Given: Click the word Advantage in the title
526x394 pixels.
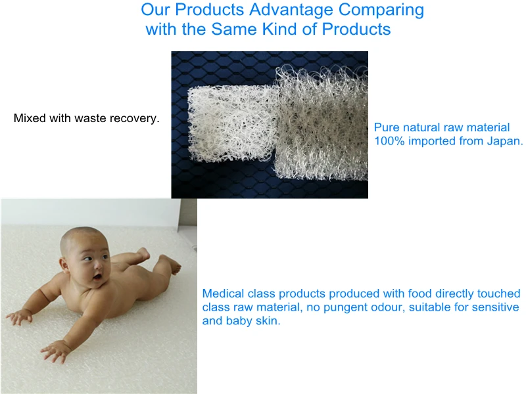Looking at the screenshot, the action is point(291,10).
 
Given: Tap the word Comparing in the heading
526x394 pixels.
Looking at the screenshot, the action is point(381,10).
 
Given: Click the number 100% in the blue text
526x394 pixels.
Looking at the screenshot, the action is point(389,141).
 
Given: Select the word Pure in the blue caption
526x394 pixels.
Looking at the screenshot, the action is point(387,127).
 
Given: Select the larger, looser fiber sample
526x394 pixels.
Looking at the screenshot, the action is point(322,122).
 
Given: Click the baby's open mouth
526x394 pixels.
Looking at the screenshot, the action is point(97,276).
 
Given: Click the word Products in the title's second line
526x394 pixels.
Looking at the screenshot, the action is point(356,29).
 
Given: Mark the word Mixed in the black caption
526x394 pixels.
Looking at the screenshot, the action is point(30,118).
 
